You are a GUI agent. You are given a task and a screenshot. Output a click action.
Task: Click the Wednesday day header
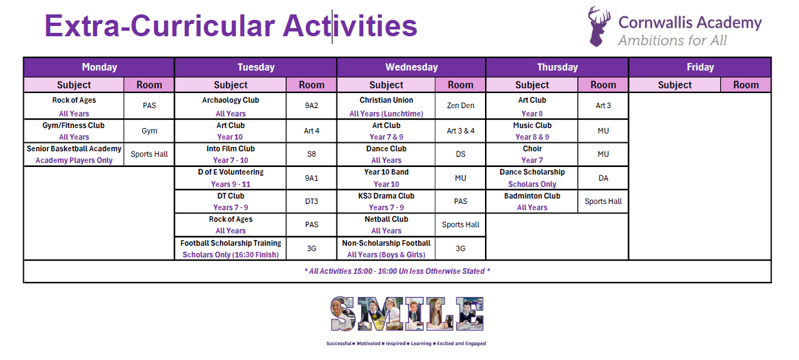(x=411, y=67)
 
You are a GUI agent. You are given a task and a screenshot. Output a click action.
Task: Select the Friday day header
(x=700, y=67)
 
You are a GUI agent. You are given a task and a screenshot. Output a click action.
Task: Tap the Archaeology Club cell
(x=231, y=106)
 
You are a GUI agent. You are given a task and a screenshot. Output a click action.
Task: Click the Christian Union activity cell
(x=387, y=106)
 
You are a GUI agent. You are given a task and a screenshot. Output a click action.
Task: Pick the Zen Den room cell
(x=460, y=106)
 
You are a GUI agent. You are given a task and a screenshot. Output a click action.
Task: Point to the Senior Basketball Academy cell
(x=74, y=154)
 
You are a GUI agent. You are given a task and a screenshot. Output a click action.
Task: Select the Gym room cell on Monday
(x=149, y=131)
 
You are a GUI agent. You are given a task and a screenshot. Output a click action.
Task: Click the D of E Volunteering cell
(x=231, y=178)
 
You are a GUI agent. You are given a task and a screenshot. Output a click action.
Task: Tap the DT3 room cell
(x=311, y=201)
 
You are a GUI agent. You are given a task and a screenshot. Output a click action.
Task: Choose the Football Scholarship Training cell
(x=231, y=248)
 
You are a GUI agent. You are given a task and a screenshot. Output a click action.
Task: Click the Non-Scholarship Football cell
(x=387, y=248)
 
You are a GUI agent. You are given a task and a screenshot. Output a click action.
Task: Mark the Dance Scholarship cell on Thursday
(x=532, y=178)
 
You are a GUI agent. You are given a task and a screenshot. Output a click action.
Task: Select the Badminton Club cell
(x=532, y=201)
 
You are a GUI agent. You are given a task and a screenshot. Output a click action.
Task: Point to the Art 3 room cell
(x=603, y=106)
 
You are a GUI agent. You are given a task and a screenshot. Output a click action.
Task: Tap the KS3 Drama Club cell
(x=387, y=201)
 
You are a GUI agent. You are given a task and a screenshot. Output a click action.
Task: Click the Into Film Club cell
(x=231, y=154)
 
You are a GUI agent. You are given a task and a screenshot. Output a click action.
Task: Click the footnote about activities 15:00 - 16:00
(x=397, y=271)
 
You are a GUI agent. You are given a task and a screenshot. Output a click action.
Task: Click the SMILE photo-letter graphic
(x=407, y=313)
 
